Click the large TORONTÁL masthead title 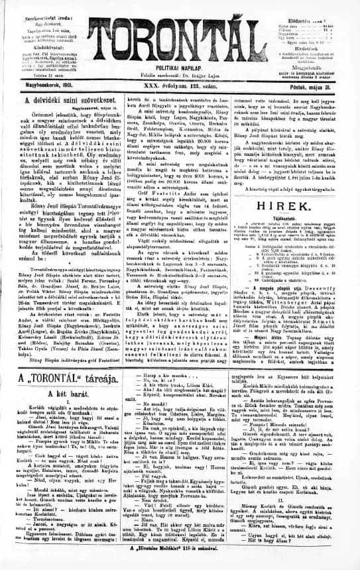click(x=181, y=39)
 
